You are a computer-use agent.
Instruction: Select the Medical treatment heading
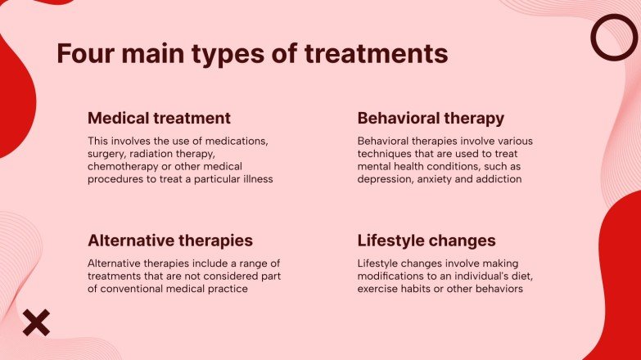159,118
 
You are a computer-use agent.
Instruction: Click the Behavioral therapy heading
431,118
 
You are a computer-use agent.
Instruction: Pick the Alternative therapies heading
169,241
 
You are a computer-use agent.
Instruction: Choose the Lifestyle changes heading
427,241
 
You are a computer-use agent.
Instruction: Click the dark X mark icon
35,322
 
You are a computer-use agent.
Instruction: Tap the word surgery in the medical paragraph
107,153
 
